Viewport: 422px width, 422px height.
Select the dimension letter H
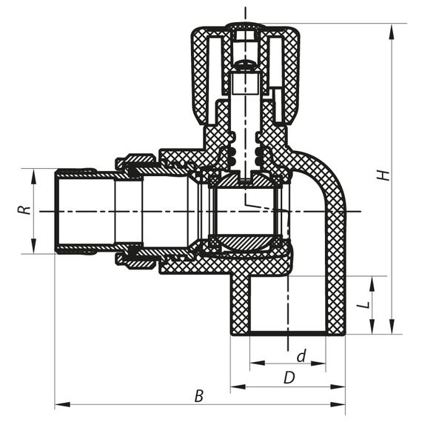pos(382,175)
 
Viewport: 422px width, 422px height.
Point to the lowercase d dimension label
pos(301,356)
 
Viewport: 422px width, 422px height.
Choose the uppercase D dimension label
pos(289,378)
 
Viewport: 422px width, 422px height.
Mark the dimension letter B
pos(198,396)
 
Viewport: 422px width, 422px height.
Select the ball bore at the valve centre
pos(244,211)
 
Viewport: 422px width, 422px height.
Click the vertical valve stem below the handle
pos(244,118)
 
